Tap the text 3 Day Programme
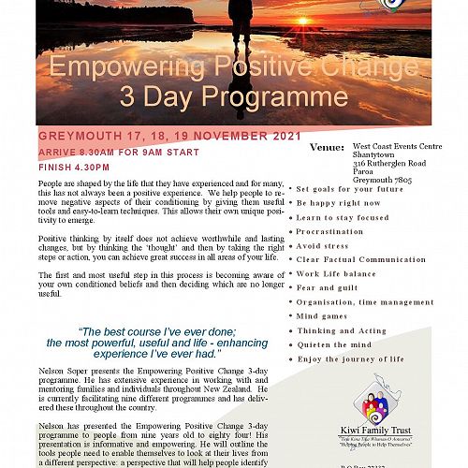click(233, 96)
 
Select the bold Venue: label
click(327, 147)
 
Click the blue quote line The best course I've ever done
click(157, 330)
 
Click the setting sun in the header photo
click(338, 18)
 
